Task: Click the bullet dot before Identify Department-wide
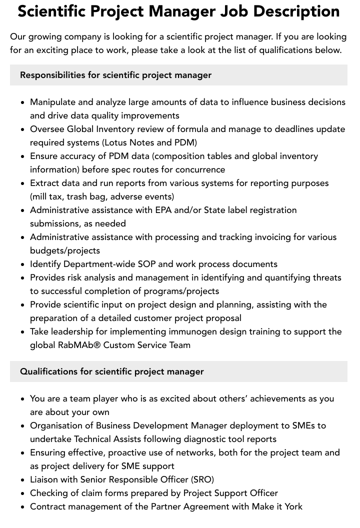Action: pyautogui.click(x=23, y=264)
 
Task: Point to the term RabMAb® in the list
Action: pyautogui.click(x=79, y=345)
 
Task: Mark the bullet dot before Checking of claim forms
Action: pyautogui.click(x=23, y=493)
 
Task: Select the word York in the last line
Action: pyautogui.click(x=293, y=506)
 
